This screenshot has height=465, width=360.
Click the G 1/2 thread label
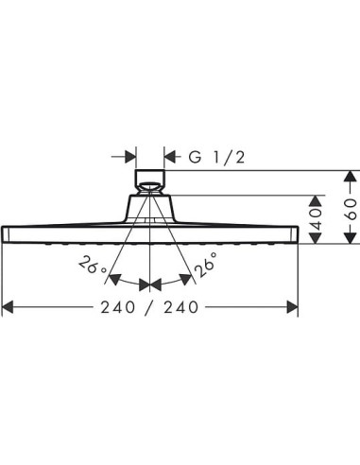(x=216, y=157)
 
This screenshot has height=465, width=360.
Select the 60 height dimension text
(x=351, y=209)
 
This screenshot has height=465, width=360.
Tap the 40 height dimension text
(x=316, y=218)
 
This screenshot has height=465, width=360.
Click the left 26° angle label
(x=94, y=266)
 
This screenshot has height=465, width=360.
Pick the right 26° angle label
(x=206, y=264)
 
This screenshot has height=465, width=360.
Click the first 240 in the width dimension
(x=118, y=307)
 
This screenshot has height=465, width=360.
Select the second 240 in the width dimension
(x=181, y=307)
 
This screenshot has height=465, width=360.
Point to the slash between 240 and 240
(x=149, y=307)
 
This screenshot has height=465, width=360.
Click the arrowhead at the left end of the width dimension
(x=8, y=307)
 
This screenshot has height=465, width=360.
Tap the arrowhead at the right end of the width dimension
(x=292, y=307)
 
